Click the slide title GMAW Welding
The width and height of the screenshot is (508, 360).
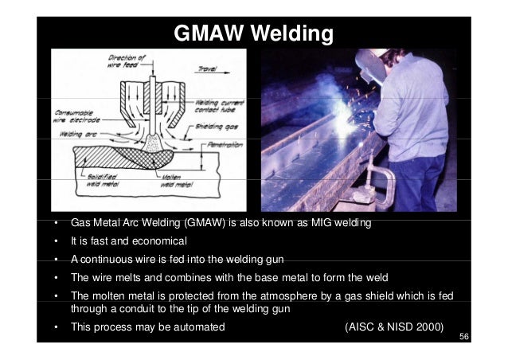point(253,36)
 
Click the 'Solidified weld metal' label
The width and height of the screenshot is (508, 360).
point(100,177)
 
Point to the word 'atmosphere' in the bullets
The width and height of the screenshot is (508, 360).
point(273,296)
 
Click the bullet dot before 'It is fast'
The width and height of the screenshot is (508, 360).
point(54,241)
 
